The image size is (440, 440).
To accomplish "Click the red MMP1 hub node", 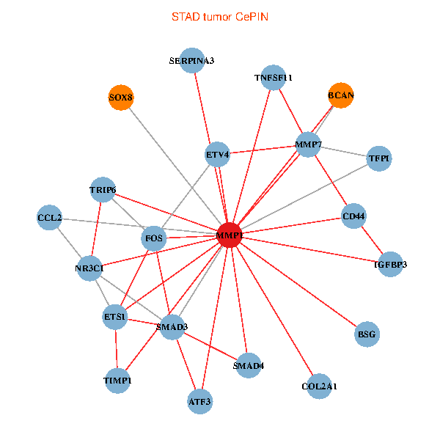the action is pyautogui.click(x=230, y=235).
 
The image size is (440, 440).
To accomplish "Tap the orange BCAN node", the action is pyautogui.click(x=340, y=95).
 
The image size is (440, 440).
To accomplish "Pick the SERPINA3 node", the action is pyautogui.click(x=191, y=60).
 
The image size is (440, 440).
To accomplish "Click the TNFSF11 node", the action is pyautogui.click(x=273, y=77).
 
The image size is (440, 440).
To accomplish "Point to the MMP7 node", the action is pyautogui.click(x=308, y=144).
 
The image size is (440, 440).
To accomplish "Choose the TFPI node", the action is pyautogui.click(x=378, y=158).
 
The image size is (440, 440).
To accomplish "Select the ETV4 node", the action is pyautogui.click(x=218, y=155).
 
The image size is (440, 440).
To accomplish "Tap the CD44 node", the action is pyautogui.click(x=354, y=216).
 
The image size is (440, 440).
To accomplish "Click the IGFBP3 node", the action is pyautogui.click(x=390, y=264).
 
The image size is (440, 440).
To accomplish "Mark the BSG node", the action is pyautogui.click(x=366, y=334).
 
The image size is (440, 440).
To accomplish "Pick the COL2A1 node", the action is pyautogui.click(x=319, y=386).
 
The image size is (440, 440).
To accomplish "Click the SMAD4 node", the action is pyautogui.click(x=248, y=365).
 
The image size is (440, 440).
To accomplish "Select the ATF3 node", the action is pyautogui.click(x=199, y=401).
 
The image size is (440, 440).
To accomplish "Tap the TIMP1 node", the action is pyautogui.click(x=117, y=381).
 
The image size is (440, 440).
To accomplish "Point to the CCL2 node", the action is pyautogui.click(x=49, y=218).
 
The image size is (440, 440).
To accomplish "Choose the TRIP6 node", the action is pyautogui.click(x=103, y=191).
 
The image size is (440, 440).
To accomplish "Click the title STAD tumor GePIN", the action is pyautogui.click(x=220, y=16).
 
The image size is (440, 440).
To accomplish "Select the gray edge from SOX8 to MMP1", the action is pyautogui.click(x=175, y=166).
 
